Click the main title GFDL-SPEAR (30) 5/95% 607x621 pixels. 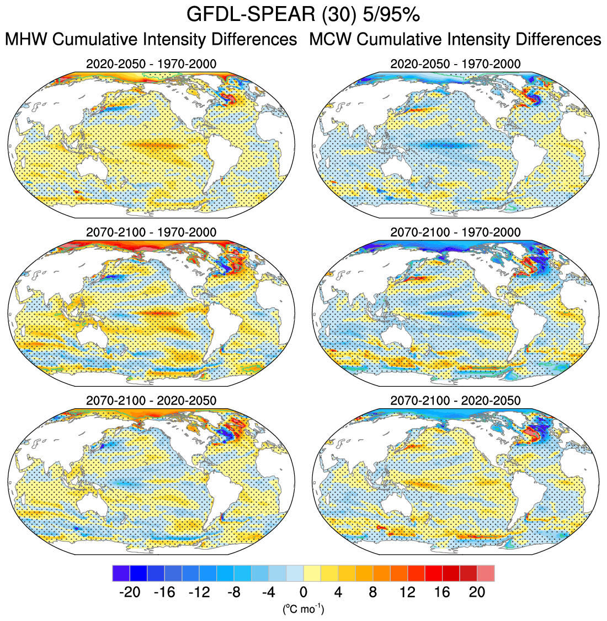pos(303,14)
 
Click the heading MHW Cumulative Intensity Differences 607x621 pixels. pos(151,40)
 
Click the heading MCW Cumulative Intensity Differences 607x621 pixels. pos(455,40)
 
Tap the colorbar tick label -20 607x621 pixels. pos(130,592)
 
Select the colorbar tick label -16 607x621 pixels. pos(164,592)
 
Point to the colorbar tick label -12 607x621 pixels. pos(199,592)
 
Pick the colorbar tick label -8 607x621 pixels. pos(234,592)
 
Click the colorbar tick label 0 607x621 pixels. pos(303,592)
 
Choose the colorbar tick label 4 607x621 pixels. pos(338,592)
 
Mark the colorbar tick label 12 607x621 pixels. pos(407,592)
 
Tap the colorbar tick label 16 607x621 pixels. pos(442,592)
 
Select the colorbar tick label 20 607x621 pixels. pos(477,592)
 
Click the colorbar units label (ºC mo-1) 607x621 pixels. pos(303,610)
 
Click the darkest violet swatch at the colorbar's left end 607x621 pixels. pos(121,573)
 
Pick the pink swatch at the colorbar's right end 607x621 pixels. pos(486,573)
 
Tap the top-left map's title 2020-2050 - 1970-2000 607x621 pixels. pos(151,64)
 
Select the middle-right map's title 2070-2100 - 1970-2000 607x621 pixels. pos(455,232)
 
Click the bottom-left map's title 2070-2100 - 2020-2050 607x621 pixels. pos(151,400)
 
